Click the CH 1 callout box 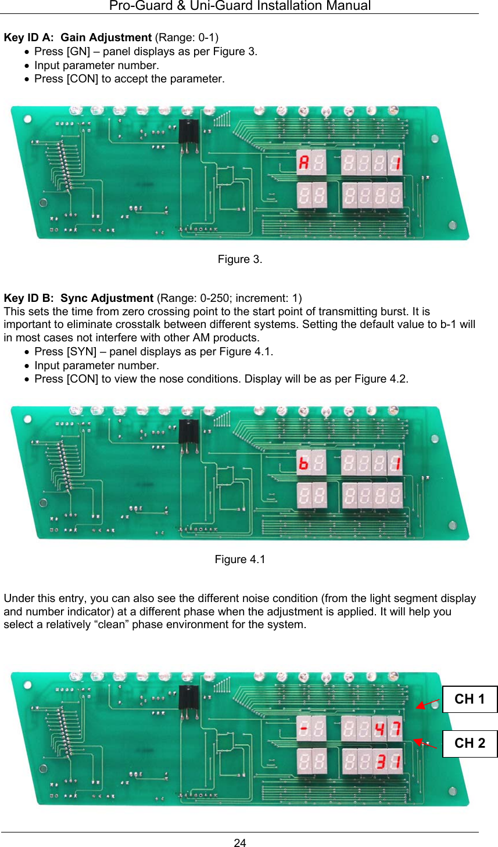(x=470, y=699)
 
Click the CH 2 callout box (x=470, y=743)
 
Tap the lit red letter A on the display (x=303, y=162)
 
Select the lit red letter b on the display (x=303, y=463)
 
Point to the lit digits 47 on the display (x=387, y=727)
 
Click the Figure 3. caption (x=240, y=259)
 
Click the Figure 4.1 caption (x=240, y=559)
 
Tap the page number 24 (x=240, y=843)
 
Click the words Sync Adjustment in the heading (x=107, y=298)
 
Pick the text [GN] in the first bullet (x=78, y=52)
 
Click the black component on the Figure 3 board (x=188, y=134)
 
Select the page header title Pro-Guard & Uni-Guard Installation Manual (x=240, y=6)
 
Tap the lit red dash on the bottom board (x=303, y=728)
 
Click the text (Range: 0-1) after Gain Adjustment (x=187, y=38)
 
